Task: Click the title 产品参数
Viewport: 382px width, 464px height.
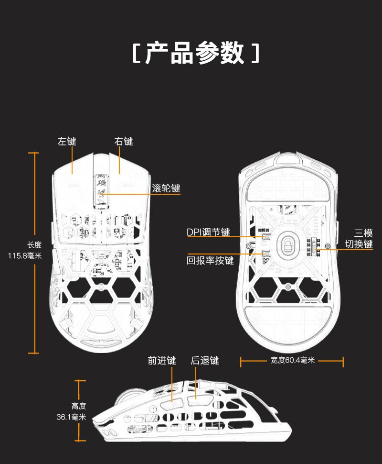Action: pos(194,53)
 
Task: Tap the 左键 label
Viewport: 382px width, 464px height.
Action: pos(67,142)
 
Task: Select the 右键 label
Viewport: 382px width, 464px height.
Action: pos(123,142)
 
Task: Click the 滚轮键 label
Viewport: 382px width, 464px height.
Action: pos(166,188)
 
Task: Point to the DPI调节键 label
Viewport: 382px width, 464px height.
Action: pos(208,232)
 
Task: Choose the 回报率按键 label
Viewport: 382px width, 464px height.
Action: pos(210,261)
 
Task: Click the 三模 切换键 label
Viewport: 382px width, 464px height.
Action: pos(359,239)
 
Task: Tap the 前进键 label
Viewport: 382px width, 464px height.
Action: pos(162,361)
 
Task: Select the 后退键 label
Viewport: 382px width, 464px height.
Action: pos(205,361)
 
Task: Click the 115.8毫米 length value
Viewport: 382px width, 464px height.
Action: pos(25,256)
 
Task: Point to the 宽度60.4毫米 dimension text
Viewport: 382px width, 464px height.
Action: pos(293,361)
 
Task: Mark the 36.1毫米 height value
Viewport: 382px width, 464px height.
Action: pos(71,417)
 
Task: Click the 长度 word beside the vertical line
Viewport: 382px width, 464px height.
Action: pos(34,245)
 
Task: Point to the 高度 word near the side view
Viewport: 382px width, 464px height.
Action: pos(78,406)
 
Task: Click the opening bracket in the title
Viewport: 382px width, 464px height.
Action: pos(136,54)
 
